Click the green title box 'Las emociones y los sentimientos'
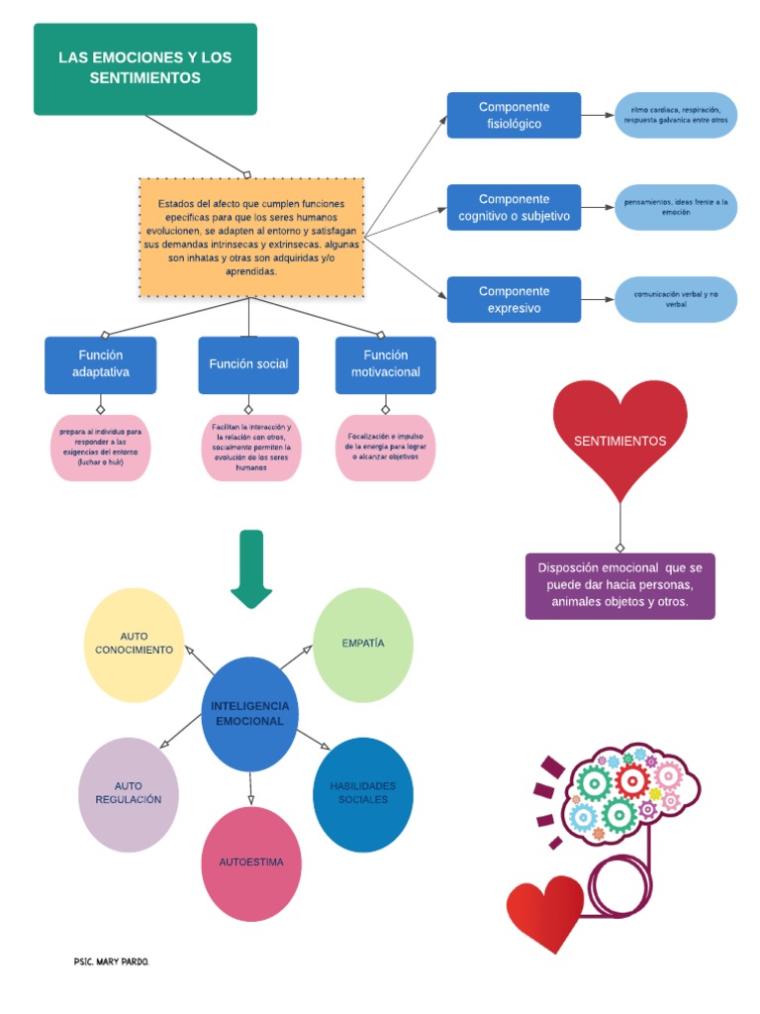tap(144, 68)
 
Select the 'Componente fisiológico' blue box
tap(514, 115)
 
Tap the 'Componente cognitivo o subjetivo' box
tap(514, 207)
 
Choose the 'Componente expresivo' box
tap(514, 299)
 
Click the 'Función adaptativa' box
tap(100, 364)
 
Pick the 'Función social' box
tap(248, 364)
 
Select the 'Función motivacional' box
tap(385, 364)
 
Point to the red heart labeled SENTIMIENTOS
tap(619, 436)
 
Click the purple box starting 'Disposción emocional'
tap(619, 586)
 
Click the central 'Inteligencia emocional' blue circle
tap(250, 714)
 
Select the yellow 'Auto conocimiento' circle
tap(134, 644)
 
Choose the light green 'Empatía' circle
tap(363, 644)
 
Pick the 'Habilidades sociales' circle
tap(362, 793)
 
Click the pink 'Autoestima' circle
tap(251, 862)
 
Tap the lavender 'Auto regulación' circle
tap(129, 794)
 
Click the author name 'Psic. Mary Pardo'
tap(112, 962)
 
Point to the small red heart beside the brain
tap(544, 911)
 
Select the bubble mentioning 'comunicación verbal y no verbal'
tap(676, 299)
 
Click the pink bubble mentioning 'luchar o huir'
tap(100, 448)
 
